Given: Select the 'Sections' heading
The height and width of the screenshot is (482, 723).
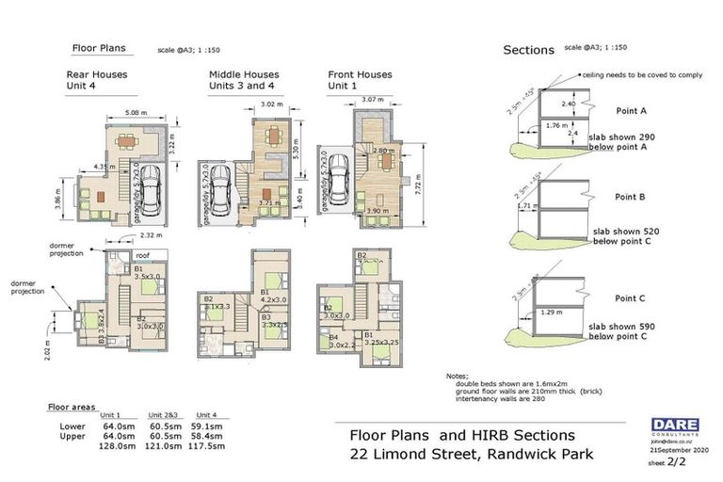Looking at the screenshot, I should pyautogui.click(x=528, y=51).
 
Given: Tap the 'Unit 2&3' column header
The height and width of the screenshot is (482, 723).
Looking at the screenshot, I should pyautogui.click(x=162, y=415).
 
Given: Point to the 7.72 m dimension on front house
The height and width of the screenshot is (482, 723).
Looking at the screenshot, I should pyautogui.click(x=424, y=188).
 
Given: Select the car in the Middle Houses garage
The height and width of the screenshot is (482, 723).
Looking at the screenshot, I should pyautogui.click(x=219, y=194).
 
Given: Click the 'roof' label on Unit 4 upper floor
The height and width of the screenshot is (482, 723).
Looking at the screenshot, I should pyautogui.click(x=143, y=253).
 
